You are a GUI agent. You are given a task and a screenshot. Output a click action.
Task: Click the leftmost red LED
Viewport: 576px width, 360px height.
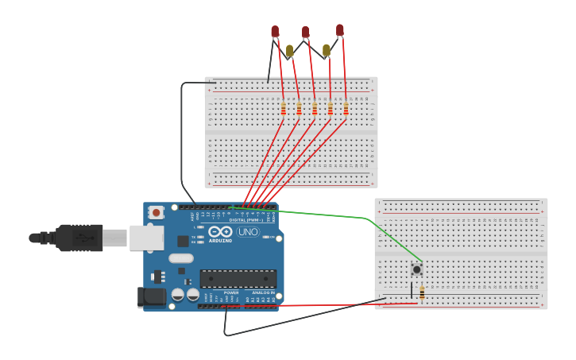pyautogui.click(x=275, y=31)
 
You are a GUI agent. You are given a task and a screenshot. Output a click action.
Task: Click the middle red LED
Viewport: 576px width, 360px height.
pyautogui.click(x=305, y=32)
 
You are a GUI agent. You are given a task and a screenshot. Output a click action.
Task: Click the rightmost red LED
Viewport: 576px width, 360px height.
pyautogui.click(x=340, y=30)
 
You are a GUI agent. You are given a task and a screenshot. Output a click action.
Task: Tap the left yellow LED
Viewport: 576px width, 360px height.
pyautogui.click(x=289, y=51)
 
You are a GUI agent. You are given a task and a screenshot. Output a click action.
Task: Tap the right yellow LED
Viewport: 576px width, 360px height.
pyautogui.click(x=326, y=50)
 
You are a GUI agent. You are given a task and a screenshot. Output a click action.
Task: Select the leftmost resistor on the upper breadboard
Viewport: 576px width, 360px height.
pyautogui.click(x=283, y=108)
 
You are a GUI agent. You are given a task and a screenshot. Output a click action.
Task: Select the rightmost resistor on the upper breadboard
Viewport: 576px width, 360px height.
pyautogui.click(x=346, y=108)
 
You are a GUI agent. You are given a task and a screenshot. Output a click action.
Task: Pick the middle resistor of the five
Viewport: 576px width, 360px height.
pyautogui.click(x=315, y=108)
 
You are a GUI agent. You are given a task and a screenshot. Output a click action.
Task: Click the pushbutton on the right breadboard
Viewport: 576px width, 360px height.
pyautogui.click(x=416, y=269)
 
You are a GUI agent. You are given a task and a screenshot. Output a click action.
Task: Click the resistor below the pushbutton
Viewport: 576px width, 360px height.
pyautogui.click(x=421, y=292)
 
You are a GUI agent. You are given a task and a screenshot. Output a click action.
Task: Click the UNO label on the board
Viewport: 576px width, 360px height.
pyautogui.click(x=248, y=232)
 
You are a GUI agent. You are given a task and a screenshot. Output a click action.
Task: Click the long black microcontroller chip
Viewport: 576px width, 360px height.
pyautogui.click(x=238, y=278)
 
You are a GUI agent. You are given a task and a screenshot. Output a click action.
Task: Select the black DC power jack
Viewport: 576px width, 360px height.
pyautogui.click(x=151, y=297)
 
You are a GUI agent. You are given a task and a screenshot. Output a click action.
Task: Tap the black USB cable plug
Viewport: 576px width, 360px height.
pyautogui.click(x=79, y=237)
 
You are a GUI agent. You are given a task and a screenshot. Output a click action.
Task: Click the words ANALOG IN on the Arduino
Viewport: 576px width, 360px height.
pyautogui.click(x=263, y=292)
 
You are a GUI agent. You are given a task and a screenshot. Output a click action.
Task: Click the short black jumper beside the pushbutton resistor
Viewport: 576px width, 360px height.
pyautogui.click(x=412, y=289)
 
